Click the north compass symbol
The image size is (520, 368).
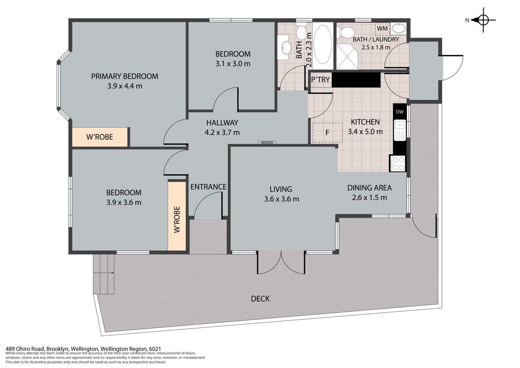483,20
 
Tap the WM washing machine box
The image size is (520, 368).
382,29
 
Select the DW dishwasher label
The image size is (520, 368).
400,112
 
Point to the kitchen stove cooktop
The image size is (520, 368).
398,163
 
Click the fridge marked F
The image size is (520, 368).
327,132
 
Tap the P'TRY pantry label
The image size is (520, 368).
320,80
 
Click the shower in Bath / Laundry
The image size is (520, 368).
348,57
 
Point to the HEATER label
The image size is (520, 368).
267,143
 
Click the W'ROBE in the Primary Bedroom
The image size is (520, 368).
100,137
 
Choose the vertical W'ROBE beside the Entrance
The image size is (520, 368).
177,216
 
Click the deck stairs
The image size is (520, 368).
104,274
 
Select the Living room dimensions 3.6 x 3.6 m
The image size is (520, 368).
282,199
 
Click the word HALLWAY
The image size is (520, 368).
222,122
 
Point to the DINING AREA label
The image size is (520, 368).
369,188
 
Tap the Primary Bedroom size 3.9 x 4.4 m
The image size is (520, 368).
124,86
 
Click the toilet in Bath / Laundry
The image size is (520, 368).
346,33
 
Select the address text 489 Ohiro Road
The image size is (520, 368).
25,349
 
